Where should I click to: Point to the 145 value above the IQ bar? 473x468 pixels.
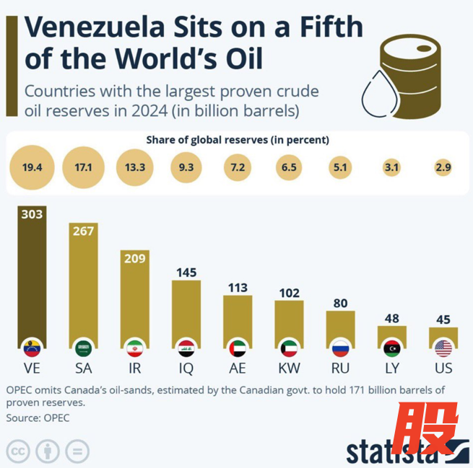coord(186,273)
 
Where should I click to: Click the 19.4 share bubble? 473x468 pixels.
coord(32,167)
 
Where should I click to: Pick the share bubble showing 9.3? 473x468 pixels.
coord(186,167)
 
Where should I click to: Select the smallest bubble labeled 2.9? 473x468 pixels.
coord(443,167)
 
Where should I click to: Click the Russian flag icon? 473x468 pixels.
coord(340,348)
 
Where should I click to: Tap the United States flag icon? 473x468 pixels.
coord(443,348)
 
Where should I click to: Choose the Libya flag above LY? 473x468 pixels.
coord(392,348)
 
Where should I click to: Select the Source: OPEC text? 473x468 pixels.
coord(38,418)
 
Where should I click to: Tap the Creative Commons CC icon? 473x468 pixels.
coord(19,451)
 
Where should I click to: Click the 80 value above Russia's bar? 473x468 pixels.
coord(341,302)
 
